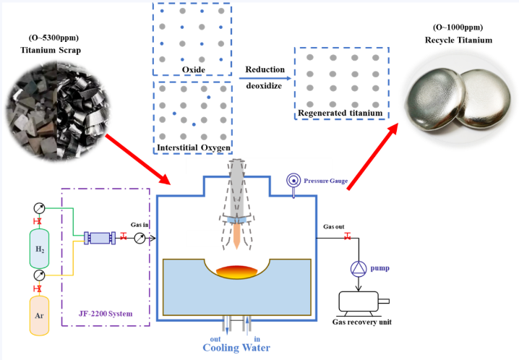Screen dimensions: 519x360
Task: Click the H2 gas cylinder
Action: point(39,249)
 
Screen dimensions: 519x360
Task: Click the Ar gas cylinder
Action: point(39,316)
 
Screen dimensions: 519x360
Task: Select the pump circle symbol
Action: point(359,268)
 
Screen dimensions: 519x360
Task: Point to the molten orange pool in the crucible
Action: point(236,272)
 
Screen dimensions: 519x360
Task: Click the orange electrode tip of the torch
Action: point(237,236)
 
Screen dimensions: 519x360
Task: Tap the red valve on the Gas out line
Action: point(347,236)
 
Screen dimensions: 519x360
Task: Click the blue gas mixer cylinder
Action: point(100,238)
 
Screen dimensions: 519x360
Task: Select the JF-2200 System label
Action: point(106,313)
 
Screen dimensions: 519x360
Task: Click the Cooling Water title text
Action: point(236,348)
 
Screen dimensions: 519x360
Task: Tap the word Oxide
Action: point(194,69)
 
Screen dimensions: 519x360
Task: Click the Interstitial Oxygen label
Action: point(194,147)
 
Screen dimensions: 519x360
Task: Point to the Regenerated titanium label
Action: point(340,113)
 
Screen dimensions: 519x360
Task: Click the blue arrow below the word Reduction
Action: point(265,78)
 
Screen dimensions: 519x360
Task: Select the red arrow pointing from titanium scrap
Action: point(137,159)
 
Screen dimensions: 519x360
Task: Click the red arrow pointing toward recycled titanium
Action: point(372,156)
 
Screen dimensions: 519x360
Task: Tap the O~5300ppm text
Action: point(53,38)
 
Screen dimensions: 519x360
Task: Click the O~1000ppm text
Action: point(458,27)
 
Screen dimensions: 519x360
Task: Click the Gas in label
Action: point(140,225)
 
